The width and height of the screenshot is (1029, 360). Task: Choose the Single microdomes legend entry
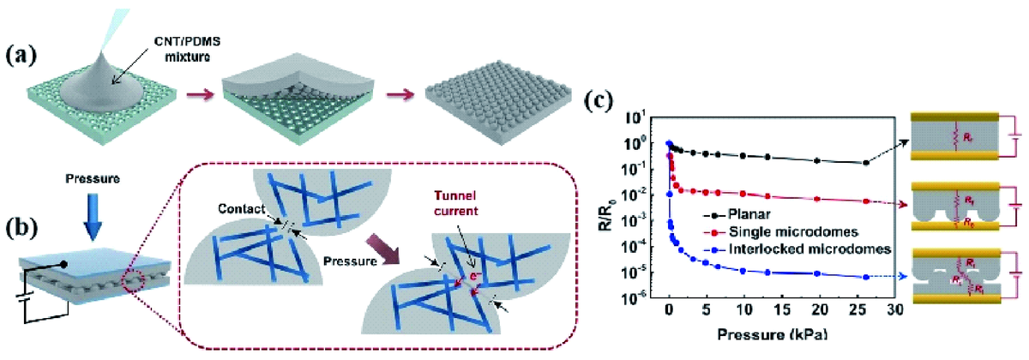[x=790, y=232]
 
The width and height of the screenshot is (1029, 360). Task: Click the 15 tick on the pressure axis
[x=783, y=310]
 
